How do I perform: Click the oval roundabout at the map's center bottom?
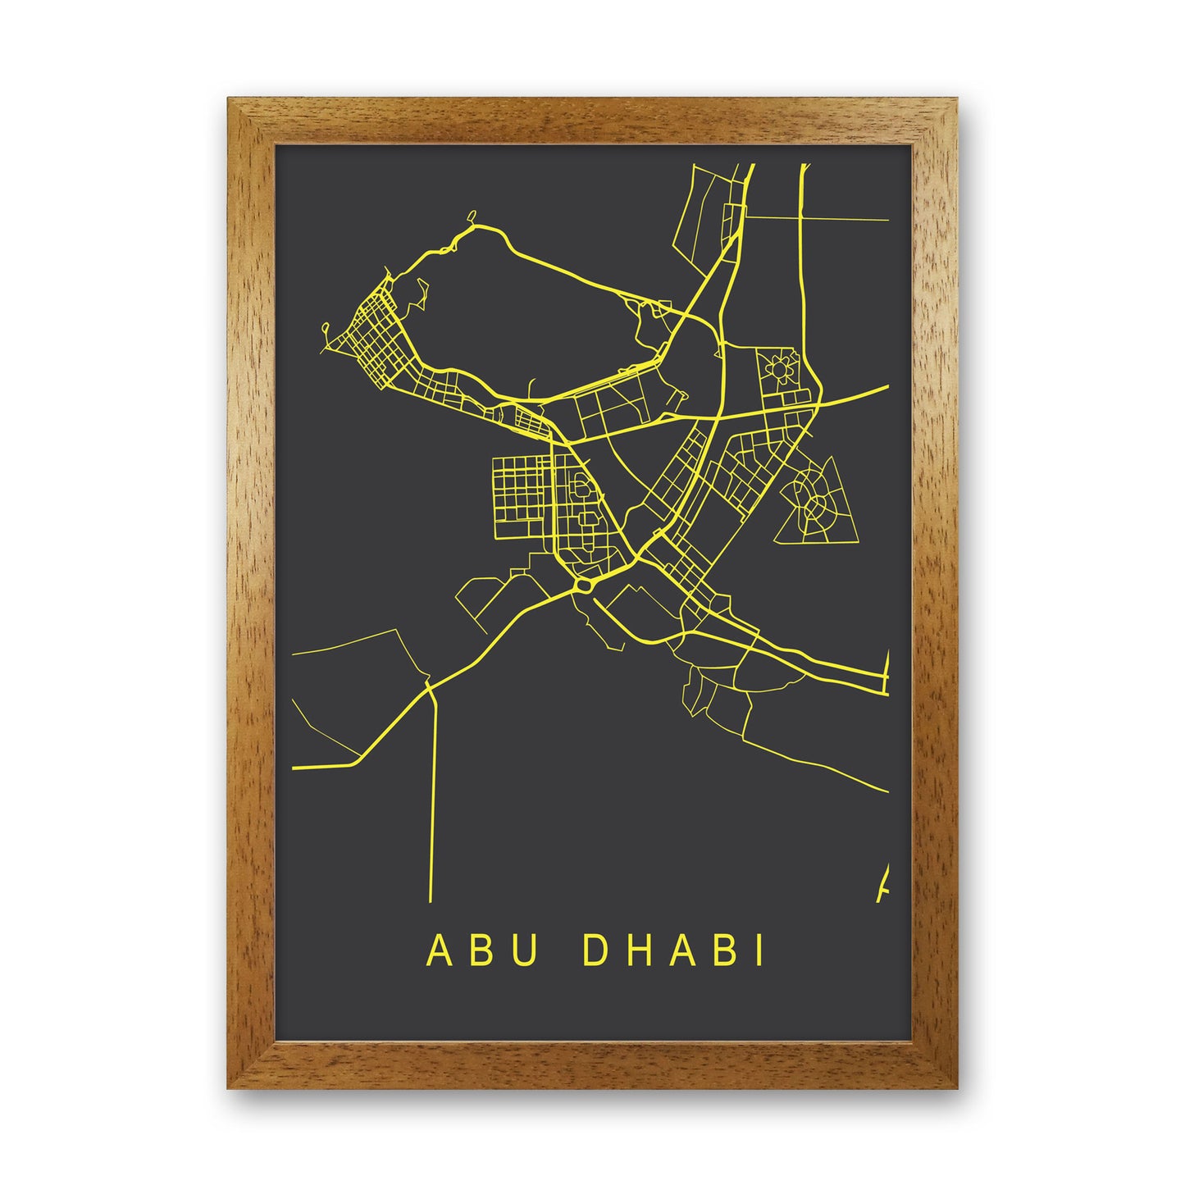583,586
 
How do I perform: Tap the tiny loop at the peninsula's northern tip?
472,218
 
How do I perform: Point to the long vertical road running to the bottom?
431,795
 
